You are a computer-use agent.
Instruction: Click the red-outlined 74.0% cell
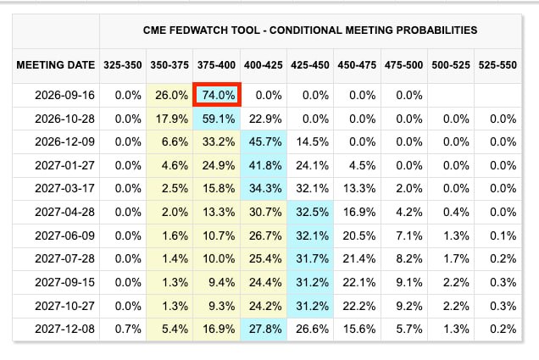(217, 95)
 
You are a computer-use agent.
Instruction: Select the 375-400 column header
(216, 65)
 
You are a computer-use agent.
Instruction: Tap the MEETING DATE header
(56, 65)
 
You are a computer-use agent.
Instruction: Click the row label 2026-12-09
(64, 141)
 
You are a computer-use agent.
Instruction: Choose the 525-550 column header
(497, 65)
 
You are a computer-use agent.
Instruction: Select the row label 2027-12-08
(64, 329)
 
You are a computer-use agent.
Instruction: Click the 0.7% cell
(128, 329)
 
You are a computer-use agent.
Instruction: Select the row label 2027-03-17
(64, 188)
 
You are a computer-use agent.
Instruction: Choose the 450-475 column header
(357, 65)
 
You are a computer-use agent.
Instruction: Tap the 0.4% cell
(456, 212)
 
